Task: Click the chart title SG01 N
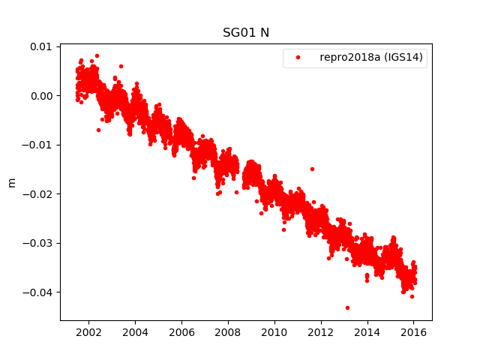(x=246, y=32)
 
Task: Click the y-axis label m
(x=11, y=182)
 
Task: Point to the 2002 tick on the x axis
(x=88, y=332)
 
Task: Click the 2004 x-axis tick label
(x=135, y=332)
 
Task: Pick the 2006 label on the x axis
(x=181, y=332)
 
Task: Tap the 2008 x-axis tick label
(x=228, y=332)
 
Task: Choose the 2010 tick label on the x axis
(x=274, y=332)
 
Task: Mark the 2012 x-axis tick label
(x=321, y=332)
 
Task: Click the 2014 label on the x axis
(x=367, y=332)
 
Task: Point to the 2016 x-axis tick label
(x=414, y=332)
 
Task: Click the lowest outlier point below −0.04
(x=347, y=307)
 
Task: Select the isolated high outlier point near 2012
(x=312, y=169)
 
